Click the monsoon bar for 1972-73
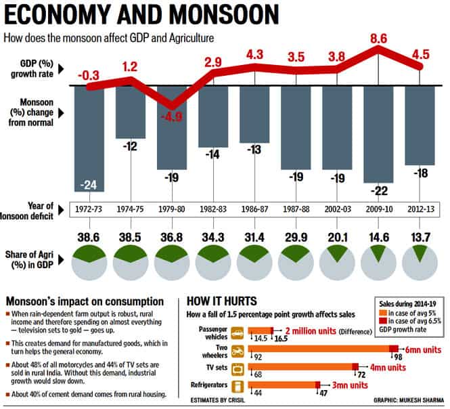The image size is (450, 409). point(89,139)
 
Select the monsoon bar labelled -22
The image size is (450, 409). point(378,134)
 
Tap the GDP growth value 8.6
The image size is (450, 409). point(378,39)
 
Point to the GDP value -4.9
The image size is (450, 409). point(172,117)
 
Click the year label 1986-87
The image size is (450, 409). point(254,209)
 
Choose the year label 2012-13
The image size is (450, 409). point(421,209)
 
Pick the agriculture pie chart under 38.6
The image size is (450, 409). point(89,263)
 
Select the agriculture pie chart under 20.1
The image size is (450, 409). point(337,263)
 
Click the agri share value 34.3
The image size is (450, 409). point(213,237)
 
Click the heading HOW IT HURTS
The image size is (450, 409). point(221,301)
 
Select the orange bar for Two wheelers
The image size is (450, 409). point(319,349)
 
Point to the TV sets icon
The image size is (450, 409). point(238,369)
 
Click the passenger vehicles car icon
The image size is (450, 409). point(238,333)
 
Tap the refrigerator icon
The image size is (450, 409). point(238,387)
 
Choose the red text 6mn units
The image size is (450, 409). point(423,350)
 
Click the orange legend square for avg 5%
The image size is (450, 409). point(383,313)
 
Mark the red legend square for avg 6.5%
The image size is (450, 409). point(383,321)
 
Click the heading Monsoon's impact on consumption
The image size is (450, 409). point(85,301)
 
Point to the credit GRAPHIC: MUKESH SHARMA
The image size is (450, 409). point(409,400)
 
